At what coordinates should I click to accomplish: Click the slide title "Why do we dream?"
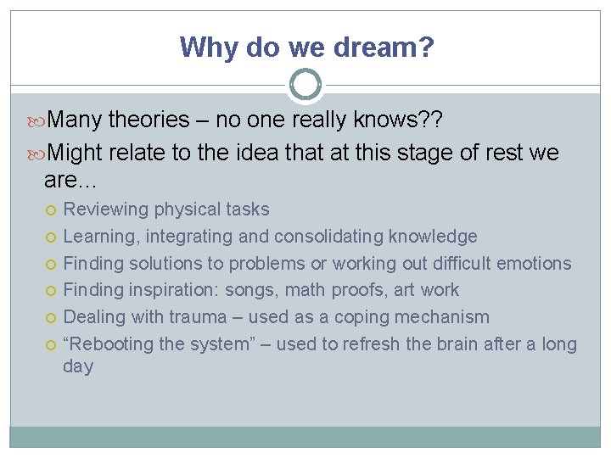(306, 47)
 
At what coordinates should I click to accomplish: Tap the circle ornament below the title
(305, 85)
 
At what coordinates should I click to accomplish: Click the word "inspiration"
(174, 290)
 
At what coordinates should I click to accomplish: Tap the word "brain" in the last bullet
(451, 344)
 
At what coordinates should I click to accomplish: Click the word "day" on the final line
(78, 367)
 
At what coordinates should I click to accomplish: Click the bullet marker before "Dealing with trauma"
(53, 318)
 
